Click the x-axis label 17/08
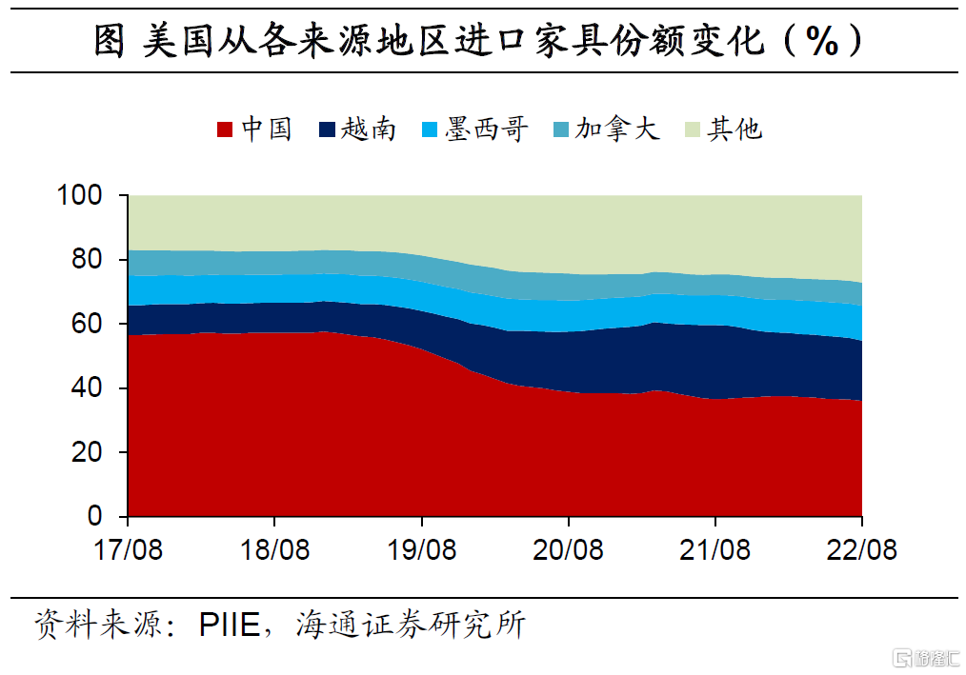pos(128,550)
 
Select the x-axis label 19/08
pos(421,550)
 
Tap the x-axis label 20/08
pos(568,550)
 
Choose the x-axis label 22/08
pos(861,550)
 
